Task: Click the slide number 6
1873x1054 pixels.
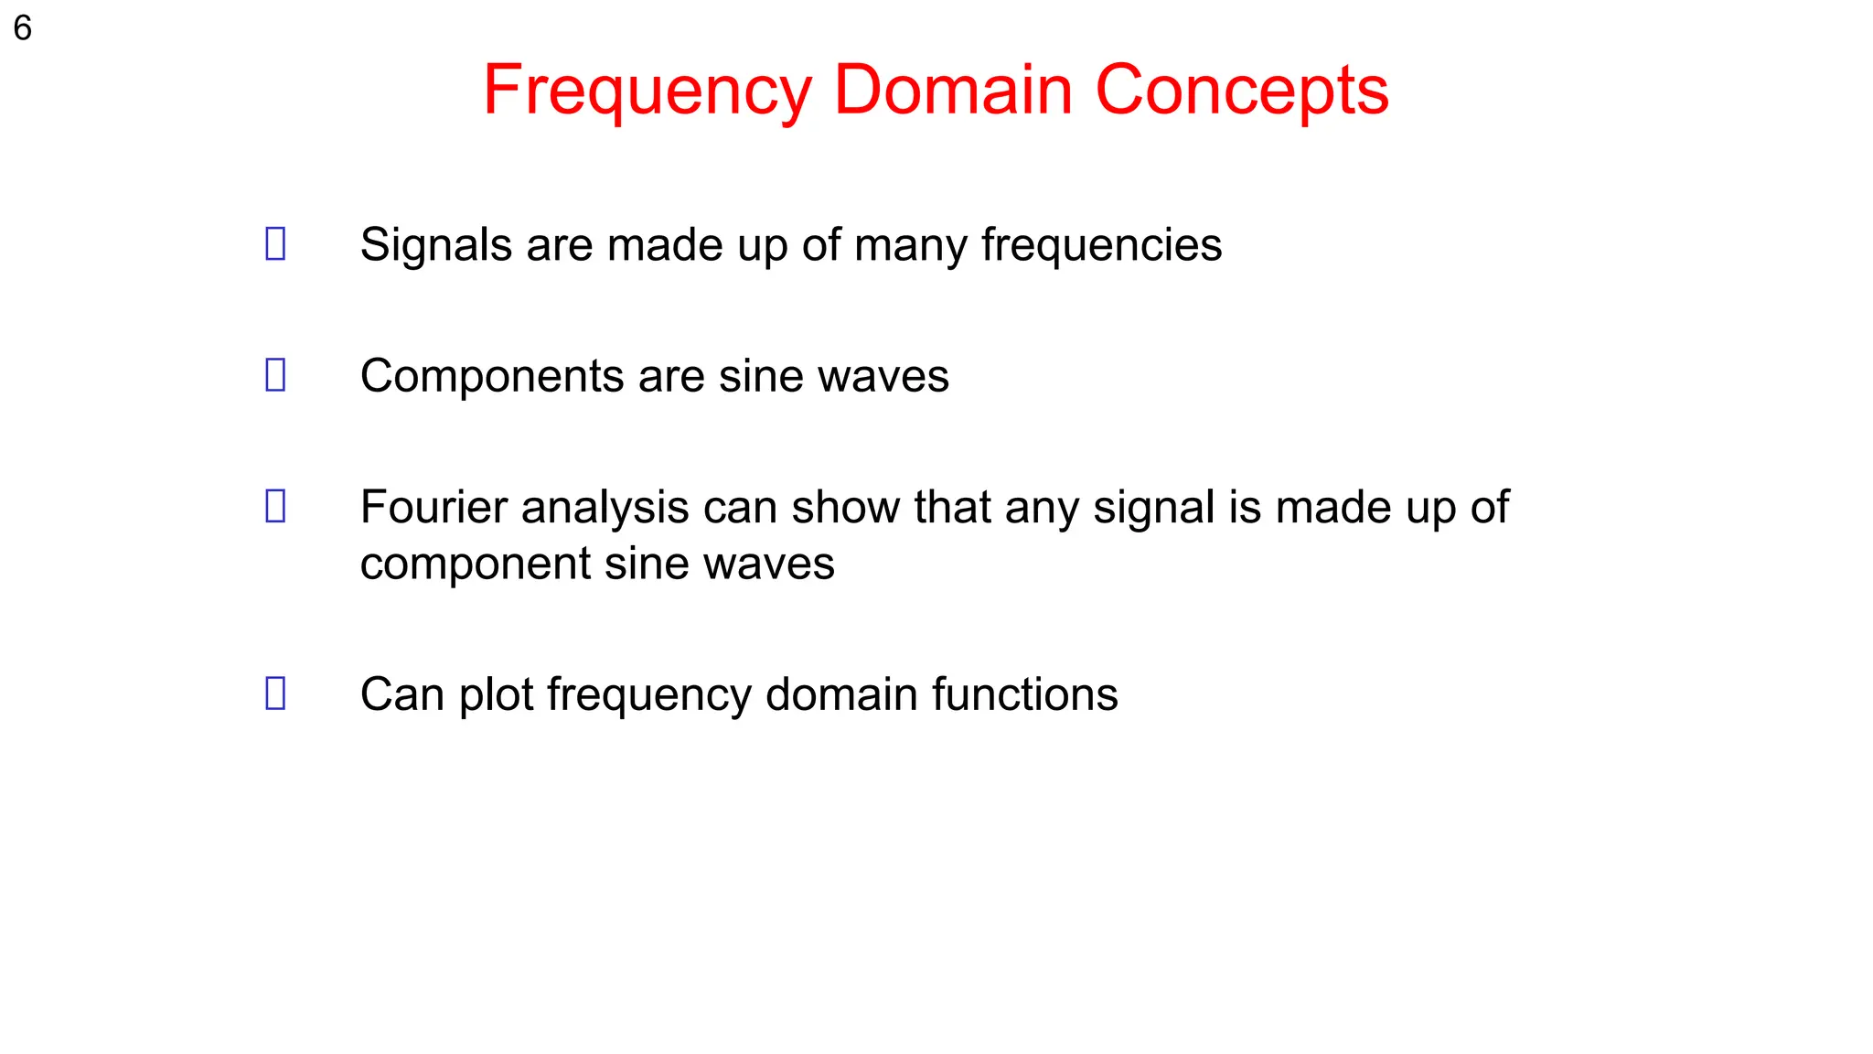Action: [x=23, y=28]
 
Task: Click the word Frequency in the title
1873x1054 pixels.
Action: [x=647, y=91]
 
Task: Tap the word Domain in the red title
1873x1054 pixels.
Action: [x=953, y=91]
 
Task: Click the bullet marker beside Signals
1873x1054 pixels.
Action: [x=275, y=243]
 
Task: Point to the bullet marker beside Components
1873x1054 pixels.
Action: [x=275, y=374]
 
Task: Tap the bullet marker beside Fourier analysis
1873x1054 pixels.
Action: [x=275, y=506]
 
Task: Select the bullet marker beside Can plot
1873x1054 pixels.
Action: [x=275, y=693]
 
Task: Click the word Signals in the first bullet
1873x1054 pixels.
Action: [x=435, y=245]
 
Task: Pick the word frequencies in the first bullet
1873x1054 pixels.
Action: [x=1101, y=245]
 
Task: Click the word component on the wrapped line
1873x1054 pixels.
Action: [x=475, y=565]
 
